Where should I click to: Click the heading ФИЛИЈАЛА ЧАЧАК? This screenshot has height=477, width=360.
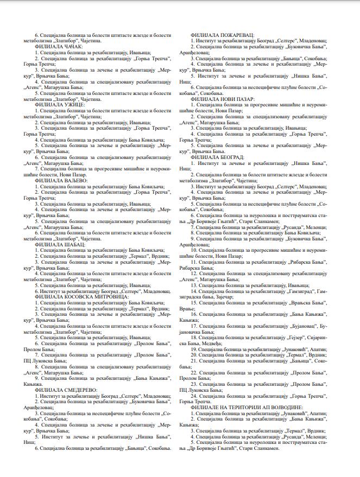pyautogui.click(x=59, y=48)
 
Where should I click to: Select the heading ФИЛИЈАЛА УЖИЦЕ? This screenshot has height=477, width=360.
pyautogui.click(x=58, y=104)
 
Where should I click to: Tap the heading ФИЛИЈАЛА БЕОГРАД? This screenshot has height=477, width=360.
pyautogui.click(x=217, y=157)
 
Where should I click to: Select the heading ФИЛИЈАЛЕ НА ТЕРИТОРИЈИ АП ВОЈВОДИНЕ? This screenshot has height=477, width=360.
pyautogui.click(x=247, y=406)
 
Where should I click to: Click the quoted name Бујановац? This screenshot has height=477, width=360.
pyautogui.click(x=298, y=325)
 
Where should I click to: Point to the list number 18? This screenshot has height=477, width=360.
pyautogui.click(x=194, y=338)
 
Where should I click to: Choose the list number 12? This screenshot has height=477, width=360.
pyautogui.click(x=194, y=272)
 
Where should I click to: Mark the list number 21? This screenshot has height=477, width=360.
pyautogui.click(x=194, y=360)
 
